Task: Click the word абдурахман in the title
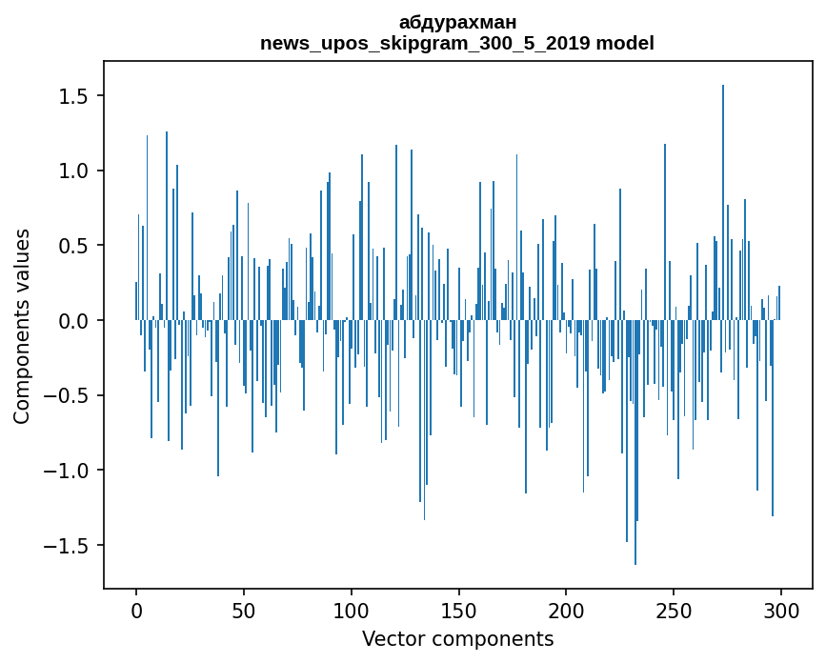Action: (x=457, y=22)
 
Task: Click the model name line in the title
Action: (x=457, y=43)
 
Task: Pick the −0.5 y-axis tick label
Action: (x=69, y=396)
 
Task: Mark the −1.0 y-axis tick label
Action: (x=69, y=471)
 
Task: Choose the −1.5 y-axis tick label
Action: (x=69, y=546)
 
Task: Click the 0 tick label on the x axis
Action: (x=136, y=610)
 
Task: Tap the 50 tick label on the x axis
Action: (x=244, y=610)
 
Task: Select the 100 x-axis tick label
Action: (x=352, y=610)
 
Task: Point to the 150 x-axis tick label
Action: (x=459, y=610)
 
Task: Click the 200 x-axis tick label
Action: (x=566, y=610)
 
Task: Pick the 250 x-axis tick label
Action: (x=674, y=610)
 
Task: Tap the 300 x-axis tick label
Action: (x=781, y=610)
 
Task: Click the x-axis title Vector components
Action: (x=457, y=638)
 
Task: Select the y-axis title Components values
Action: (x=22, y=326)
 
